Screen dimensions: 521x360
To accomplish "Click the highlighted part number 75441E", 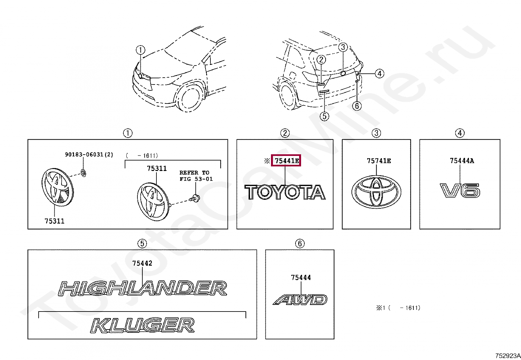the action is click(x=286, y=161).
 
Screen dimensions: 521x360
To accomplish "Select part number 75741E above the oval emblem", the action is click(x=379, y=161).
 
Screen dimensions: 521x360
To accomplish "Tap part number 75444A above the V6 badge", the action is click(x=462, y=161).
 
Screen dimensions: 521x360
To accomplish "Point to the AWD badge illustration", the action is click(x=300, y=299).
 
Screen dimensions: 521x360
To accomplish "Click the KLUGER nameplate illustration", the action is click(x=142, y=325).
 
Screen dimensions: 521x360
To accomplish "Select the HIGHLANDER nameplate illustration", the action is click(x=142, y=288).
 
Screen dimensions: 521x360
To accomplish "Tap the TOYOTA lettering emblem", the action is click(x=285, y=192).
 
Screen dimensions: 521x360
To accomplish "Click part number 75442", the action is click(x=142, y=263).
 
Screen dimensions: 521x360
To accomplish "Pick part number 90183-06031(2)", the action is click(x=89, y=155).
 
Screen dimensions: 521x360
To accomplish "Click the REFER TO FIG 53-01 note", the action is click(x=196, y=176).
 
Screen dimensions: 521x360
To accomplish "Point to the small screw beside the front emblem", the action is click(x=196, y=198).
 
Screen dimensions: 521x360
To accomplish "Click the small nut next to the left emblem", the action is click(x=83, y=173).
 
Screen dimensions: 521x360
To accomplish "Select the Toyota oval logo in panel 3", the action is click(x=376, y=192).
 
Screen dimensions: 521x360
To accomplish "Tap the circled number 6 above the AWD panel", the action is click(x=299, y=243).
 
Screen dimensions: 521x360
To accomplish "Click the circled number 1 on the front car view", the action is click(x=140, y=50).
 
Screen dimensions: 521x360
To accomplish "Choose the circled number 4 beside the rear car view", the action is click(x=379, y=74).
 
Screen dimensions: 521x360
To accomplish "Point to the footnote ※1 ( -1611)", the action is click(x=398, y=308).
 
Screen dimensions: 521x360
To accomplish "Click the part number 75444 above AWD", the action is click(x=301, y=278).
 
